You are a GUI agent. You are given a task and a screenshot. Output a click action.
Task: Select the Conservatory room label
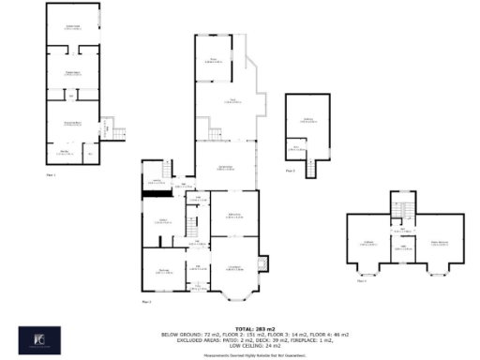click(225, 169)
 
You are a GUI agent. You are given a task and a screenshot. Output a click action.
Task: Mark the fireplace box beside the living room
click(263, 262)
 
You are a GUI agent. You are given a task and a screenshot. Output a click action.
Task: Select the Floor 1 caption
click(52, 174)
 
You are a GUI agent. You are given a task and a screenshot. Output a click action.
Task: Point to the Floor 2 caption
click(145, 303)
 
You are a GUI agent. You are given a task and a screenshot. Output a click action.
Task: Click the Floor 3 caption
click(290, 171)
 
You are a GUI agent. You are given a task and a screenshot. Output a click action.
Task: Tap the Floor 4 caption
click(362, 279)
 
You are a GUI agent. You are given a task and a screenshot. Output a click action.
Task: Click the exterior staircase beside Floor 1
click(115, 129)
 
